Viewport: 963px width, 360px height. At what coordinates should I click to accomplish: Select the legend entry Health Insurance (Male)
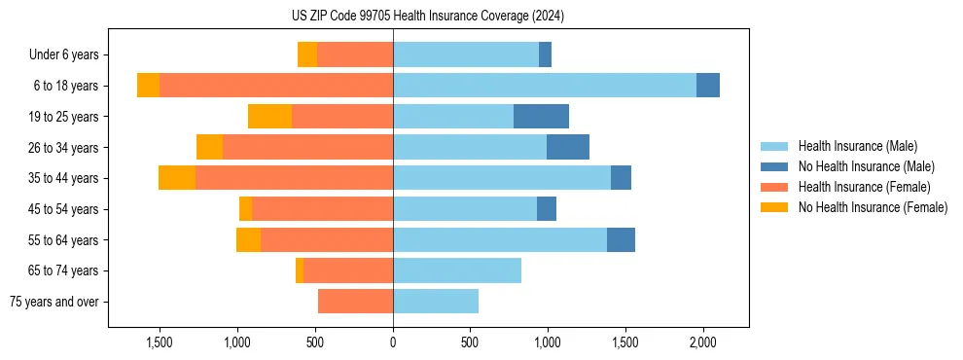coord(857,146)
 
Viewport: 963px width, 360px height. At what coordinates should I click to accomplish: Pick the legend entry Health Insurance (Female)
coord(864,187)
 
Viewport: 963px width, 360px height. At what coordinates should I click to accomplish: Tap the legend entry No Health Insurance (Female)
coord(873,207)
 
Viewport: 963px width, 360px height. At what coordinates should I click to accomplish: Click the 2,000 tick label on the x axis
coord(702,342)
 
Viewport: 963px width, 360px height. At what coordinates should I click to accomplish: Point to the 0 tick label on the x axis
coord(393,342)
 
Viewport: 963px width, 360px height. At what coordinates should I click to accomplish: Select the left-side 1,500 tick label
coord(160,342)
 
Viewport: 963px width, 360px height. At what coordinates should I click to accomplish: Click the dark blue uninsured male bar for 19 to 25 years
coord(541,117)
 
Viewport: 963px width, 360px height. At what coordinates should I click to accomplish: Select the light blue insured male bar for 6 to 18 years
coord(545,86)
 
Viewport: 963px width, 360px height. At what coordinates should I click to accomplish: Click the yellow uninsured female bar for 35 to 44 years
coord(177,178)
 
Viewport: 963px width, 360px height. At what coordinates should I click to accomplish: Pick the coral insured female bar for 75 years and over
coord(355,302)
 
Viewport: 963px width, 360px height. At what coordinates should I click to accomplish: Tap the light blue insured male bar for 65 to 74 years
coord(457,270)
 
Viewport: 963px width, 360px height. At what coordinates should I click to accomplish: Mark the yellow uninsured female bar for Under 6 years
coord(307,54)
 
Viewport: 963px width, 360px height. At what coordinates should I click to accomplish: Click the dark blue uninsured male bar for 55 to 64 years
coord(621,239)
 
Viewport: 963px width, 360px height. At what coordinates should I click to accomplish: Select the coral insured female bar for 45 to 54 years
coord(322,209)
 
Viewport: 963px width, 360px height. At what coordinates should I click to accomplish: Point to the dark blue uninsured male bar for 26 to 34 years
coord(568,147)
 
